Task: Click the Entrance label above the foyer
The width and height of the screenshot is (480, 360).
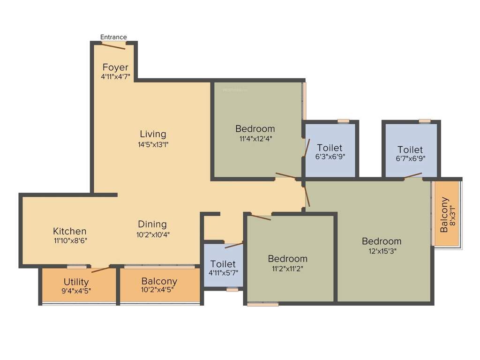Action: tap(113, 37)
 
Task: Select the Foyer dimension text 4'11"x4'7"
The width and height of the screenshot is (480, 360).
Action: tap(115, 76)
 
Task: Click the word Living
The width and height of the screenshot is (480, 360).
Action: tap(153, 135)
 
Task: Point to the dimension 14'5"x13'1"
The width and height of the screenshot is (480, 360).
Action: tap(153, 144)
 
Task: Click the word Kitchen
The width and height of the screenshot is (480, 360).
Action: tap(69, 231)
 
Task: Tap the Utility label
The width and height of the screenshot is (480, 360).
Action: tap(76, 282)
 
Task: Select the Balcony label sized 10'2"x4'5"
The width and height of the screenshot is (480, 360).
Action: tap(159, 281)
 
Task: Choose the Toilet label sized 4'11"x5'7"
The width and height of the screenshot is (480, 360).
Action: tap(223, 264)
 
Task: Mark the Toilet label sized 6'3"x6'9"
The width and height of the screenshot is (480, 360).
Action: tap(330, 148)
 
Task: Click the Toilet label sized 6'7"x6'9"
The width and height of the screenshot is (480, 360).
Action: tap(410, 150)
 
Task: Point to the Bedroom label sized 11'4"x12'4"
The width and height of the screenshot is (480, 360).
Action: tap(255, 128)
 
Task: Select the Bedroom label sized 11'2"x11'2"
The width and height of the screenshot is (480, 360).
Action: tap(288, 258)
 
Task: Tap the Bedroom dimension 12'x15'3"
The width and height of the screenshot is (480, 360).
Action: tap(382, 251)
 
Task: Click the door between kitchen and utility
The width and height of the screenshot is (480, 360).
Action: tap(101, 270)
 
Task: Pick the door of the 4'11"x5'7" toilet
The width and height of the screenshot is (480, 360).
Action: tap(234, 245)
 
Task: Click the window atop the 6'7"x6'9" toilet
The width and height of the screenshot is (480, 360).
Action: tap(425, 121)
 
